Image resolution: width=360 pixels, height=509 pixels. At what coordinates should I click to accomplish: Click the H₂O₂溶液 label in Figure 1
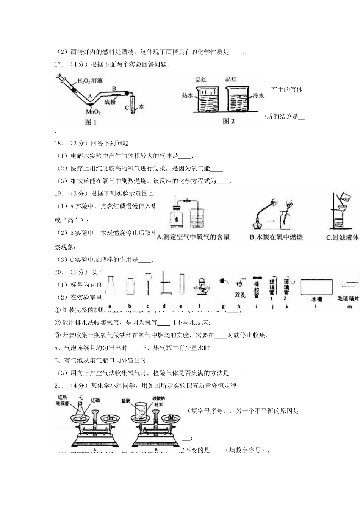click(90, 81)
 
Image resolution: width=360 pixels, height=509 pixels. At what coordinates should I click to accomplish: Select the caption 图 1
click(89, 122)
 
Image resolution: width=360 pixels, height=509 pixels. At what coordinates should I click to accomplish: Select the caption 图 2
click(229, 121)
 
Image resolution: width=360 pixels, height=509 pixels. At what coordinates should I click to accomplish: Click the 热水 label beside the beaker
click(188, 96)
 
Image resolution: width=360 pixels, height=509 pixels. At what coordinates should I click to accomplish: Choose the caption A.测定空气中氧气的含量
click(193, 237)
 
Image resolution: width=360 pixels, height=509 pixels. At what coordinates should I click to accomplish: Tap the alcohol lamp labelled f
click(200, 289)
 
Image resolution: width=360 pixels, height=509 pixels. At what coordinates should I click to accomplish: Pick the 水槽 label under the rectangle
click(316, 299)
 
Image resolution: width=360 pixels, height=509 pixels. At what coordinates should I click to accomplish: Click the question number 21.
click(59, 386)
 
